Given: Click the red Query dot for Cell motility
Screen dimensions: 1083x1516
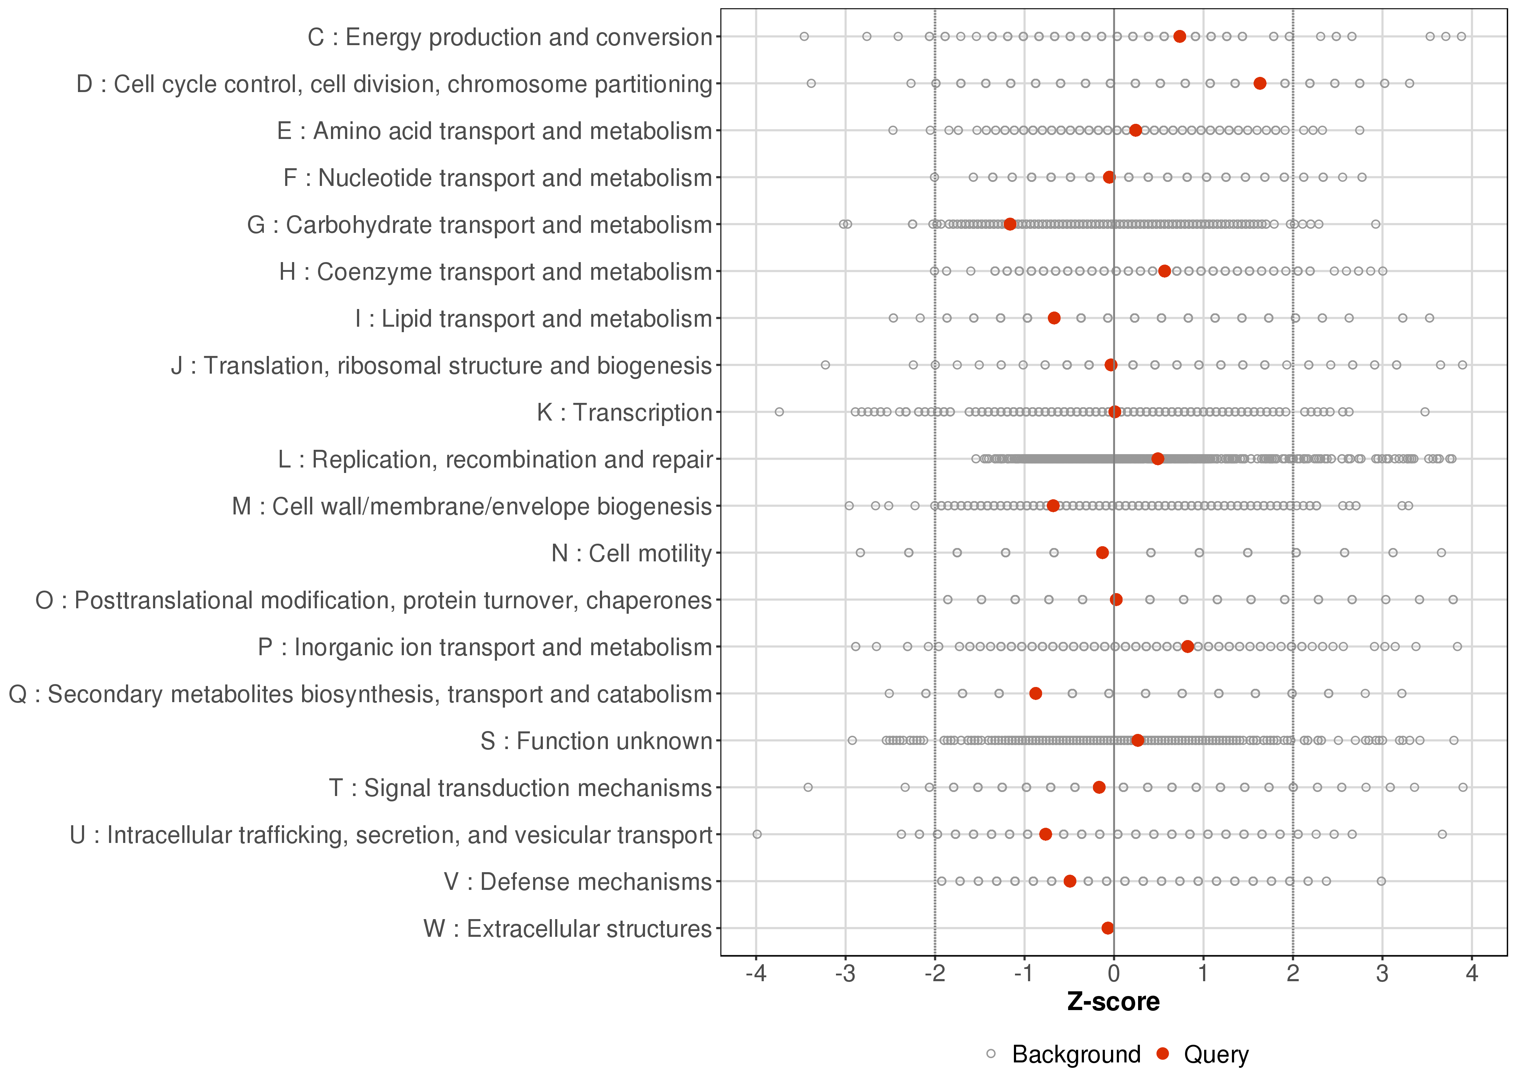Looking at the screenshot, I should pos(1103,553).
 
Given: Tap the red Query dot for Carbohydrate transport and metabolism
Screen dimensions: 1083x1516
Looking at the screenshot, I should pos(1010,224).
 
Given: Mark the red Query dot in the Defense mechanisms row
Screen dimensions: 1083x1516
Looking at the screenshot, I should pos(1070,882).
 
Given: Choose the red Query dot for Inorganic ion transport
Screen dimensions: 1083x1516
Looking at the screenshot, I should pos(1187,647).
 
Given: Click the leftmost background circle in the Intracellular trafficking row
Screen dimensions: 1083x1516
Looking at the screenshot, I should pos(757,834).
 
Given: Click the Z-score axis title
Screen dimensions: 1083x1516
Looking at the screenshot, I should pos(1113,1002).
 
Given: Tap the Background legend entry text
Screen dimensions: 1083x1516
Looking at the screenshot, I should pos(1076,1054).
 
